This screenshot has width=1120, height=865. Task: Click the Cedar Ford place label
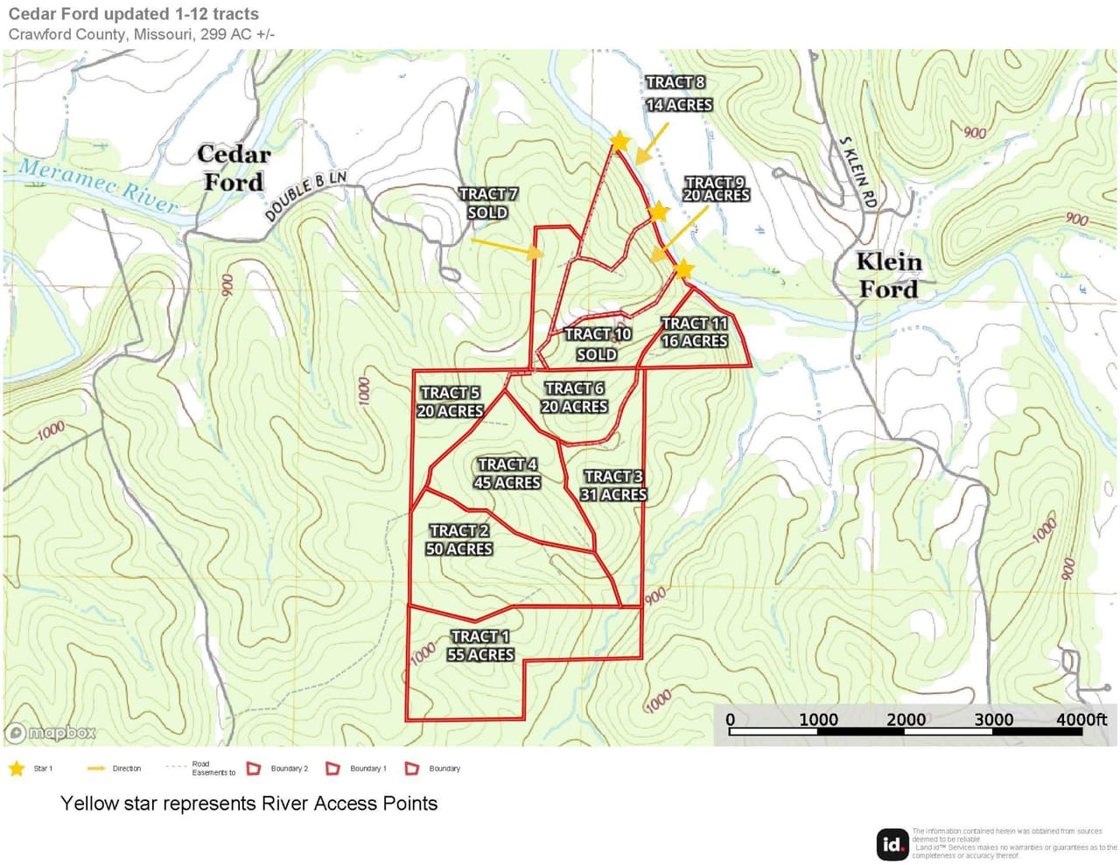(234, 168)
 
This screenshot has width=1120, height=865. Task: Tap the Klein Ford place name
(888, 276)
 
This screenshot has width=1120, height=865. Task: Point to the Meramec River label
(98, 185)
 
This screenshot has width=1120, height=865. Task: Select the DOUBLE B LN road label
(305, 196)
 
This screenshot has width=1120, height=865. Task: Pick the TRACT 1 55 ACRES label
(480, 645)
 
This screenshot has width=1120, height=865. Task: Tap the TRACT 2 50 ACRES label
(459, 540)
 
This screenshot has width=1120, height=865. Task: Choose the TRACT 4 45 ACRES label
(507, 473)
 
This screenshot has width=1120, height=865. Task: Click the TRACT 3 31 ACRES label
(613, 485)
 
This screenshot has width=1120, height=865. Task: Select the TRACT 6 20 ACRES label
(574, 397)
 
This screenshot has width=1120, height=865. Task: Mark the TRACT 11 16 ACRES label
(694, 332)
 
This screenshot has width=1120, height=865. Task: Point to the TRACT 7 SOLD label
(487, 203)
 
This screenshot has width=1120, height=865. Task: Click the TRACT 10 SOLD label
(598, 344)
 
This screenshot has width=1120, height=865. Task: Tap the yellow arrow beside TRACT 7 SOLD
(507, 248)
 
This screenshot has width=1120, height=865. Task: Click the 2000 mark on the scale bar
(906, 720)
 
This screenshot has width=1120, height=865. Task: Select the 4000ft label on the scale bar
(1081, 720)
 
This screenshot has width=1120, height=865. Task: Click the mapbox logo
(51, 733)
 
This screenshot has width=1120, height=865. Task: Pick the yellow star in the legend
(17, 769)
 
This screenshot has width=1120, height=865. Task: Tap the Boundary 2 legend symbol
(254, 769)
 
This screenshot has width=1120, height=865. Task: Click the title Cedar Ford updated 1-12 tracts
(134, 14)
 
